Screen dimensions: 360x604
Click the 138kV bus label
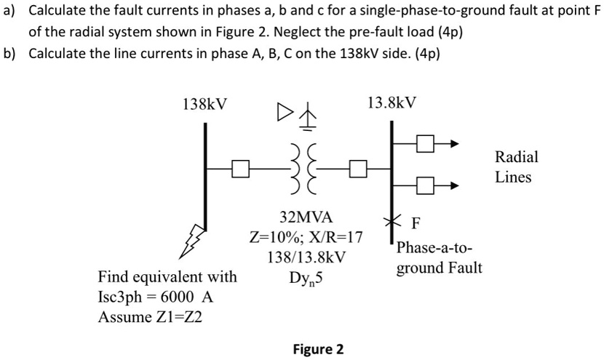click(204, 104)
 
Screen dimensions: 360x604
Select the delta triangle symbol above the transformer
click(285, 113)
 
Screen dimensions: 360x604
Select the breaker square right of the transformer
click(357, 170)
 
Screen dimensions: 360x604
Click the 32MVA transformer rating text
click(306, 217)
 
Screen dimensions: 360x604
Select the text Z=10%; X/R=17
click(306, 238)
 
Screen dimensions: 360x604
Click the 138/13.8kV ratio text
click(306, 257)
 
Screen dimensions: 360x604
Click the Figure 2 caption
click(317, 348)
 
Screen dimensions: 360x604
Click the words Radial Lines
click(516, 167)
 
